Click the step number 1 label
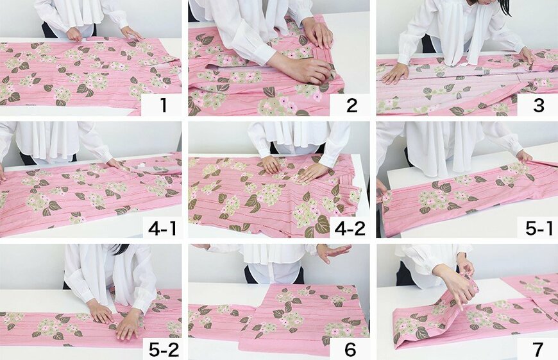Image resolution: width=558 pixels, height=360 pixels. (x=164, y=105)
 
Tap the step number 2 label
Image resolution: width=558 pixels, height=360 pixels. (x=351, y=105)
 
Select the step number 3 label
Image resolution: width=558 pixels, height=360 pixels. (x=539, y=105)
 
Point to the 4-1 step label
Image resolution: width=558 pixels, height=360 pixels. (x=162, y=228)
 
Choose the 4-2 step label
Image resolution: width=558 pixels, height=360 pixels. (x=350, y=228)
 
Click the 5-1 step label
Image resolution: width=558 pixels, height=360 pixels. (x=539, y=228)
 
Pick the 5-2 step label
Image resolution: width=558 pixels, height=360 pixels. (x=164, y=350)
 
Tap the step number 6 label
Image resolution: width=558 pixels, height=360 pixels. (x=351, y=350)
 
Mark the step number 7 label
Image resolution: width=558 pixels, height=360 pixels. (x=538, y=350)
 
